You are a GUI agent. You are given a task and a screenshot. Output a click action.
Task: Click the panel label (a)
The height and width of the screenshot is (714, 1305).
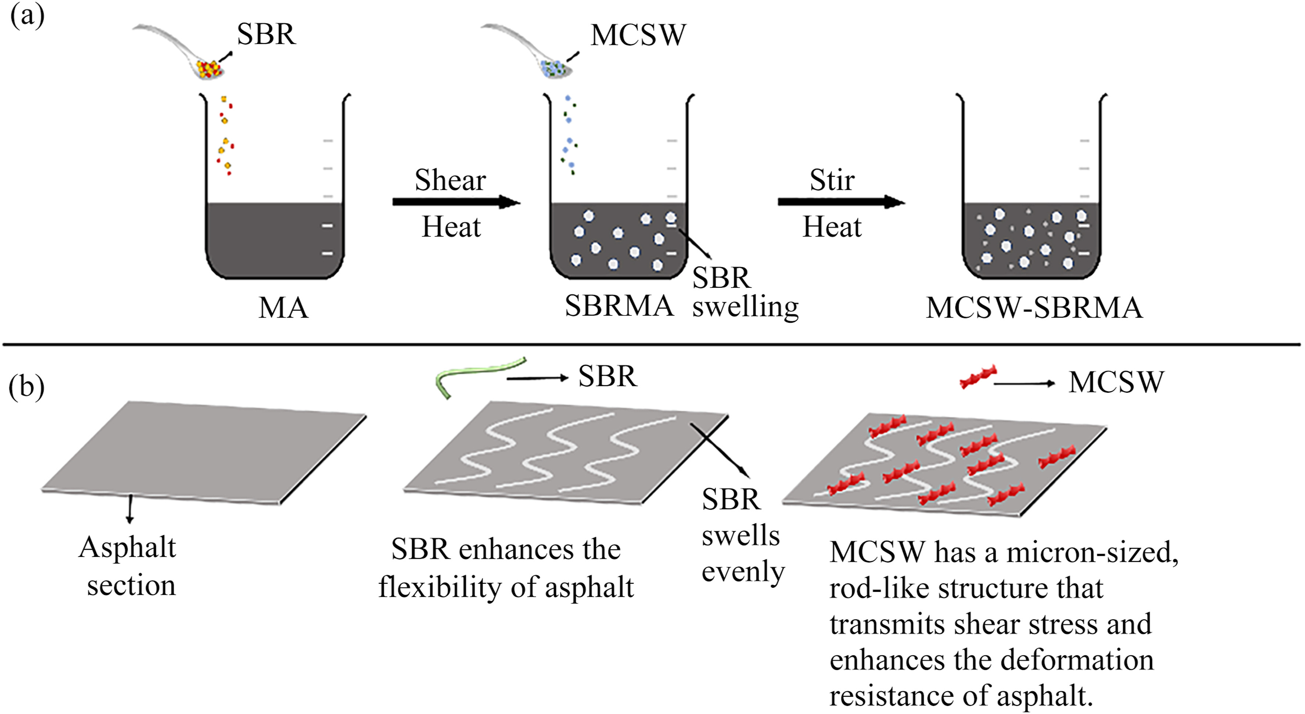pyautogui.click(x=26, y=16)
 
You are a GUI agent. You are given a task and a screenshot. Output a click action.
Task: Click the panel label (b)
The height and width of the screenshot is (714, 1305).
pyautogui.click(x=26, y=387)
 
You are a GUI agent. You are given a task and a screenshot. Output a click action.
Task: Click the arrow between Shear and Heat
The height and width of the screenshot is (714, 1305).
pyautogui.click(x=456, y=202)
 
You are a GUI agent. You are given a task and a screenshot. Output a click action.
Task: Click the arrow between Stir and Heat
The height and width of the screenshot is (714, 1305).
pyautogui.click(x=841, y=202)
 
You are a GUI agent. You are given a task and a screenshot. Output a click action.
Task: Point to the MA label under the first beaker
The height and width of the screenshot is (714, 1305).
pyautogui.click(x=283, y=308)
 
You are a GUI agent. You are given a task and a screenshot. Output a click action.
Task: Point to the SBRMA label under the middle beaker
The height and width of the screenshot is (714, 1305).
pyautogui.click(x=619, y=306)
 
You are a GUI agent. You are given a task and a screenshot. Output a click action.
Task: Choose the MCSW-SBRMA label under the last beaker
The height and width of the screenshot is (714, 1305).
pyautogui.click(x=1034, y=308)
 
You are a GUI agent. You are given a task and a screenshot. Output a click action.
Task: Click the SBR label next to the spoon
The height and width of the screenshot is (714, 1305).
pyautogui.click(x=266, y=35)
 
